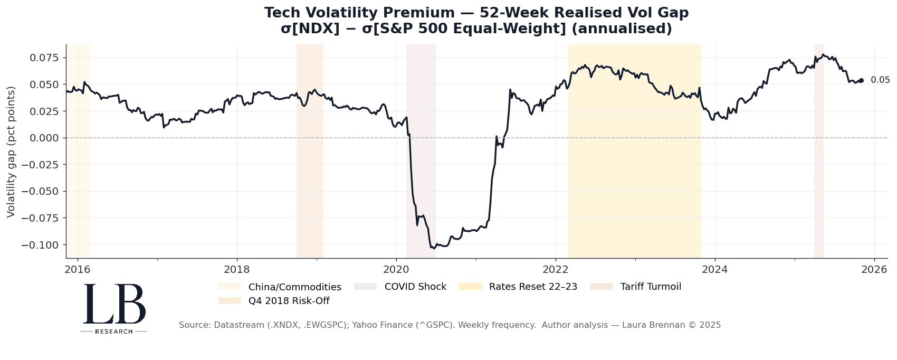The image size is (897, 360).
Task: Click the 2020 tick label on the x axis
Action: point(396,269)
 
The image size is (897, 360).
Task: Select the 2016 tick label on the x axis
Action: point(78,269)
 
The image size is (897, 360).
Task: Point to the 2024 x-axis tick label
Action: point(715,269)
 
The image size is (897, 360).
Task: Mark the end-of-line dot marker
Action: point(861,80)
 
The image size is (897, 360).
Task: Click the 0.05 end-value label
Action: point(880,80)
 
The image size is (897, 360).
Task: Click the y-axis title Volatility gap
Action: point(11,151)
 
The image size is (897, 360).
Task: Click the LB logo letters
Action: point(114,304)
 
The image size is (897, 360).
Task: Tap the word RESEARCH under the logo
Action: point(114,331)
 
